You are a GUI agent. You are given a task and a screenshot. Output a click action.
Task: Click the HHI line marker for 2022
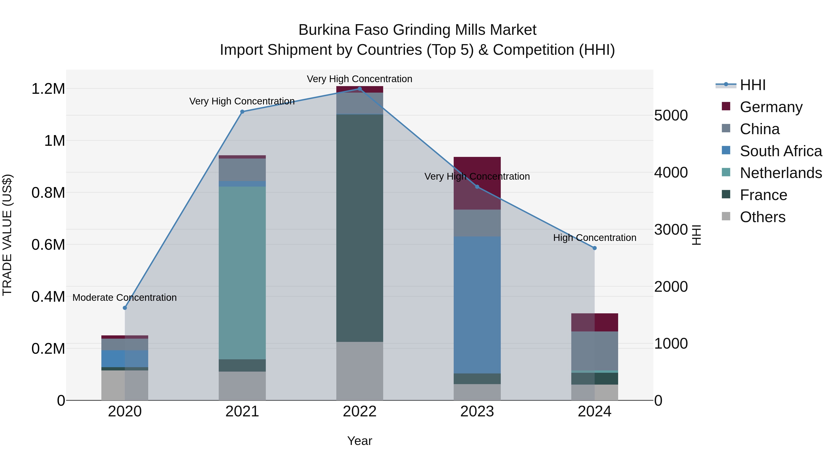[x=360, y=89]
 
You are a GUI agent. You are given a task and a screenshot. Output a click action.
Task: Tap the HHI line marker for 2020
[x=125, y=308]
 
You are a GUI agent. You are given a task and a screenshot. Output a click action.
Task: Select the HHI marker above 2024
[x=594, y=248]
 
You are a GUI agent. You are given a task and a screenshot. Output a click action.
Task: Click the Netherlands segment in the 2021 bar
[x=242, y=272]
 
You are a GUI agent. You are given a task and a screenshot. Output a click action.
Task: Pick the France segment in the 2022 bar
[x=360, y=227]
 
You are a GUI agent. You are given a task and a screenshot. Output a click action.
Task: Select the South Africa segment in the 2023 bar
[x=477, y=305]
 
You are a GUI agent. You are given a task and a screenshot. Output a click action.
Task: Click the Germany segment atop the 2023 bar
[x=477, y=183]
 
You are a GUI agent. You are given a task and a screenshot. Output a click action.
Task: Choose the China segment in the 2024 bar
[x=594, y=351]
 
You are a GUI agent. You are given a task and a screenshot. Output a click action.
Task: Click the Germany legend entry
[x=771, y=107]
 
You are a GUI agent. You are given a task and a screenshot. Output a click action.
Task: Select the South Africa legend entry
[x=780, y=151]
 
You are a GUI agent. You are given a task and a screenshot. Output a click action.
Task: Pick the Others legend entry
[x=762, y=217]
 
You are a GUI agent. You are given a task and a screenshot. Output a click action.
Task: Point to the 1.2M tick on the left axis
[x=48, y=89]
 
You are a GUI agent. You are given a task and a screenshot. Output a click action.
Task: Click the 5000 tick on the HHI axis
[x=671, y=116]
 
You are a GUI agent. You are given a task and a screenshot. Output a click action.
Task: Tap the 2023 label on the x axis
[x=477, y=412]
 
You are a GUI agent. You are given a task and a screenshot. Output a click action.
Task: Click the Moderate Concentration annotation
[x=125, y=298]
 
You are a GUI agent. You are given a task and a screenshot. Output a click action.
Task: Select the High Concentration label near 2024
[x=594, y=238]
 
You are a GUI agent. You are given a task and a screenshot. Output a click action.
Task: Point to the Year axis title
[x=360, y=441]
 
